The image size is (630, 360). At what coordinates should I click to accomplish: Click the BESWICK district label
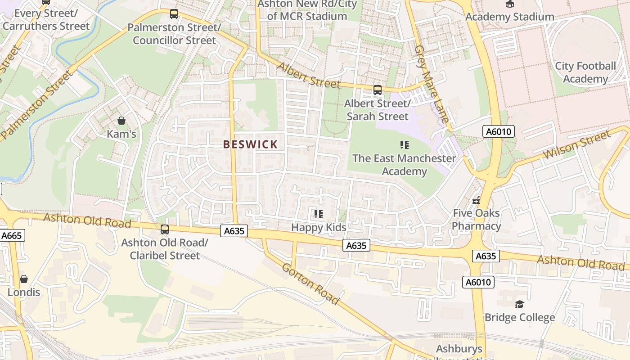[x=250, y=144]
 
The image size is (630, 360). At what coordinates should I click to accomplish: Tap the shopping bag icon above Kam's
[x=121, y=121]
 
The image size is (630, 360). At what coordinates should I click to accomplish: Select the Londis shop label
[x=23, y=292]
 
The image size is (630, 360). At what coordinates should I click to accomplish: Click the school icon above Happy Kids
[x=319, y=214]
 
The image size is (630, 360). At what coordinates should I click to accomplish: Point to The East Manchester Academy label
[x=404, y=165]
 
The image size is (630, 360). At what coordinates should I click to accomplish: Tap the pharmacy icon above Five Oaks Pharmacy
[x=476, y=200]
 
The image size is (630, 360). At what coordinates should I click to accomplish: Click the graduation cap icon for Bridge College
[x=519, y=305]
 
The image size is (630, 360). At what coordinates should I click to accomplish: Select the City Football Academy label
[x=585, y=72]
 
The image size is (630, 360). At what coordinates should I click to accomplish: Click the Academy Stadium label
[x=509, y=17]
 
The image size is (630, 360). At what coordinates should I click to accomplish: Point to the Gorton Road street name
[x=310, y=283]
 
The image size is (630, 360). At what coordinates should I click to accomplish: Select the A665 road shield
[x=12, y=235]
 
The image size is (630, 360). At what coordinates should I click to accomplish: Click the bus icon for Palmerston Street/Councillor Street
[x=174, y=14]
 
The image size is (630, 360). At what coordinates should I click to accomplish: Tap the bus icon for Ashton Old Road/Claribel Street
[x=165, y=229]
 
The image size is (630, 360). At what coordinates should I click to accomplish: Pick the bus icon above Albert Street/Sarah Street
[x=377, y=90]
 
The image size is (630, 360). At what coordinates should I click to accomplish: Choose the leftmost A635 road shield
[x=234, y=231]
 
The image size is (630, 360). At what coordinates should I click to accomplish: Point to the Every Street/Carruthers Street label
[x=46, y=19]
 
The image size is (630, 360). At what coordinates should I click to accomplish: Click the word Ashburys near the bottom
[x=459, y=349]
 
